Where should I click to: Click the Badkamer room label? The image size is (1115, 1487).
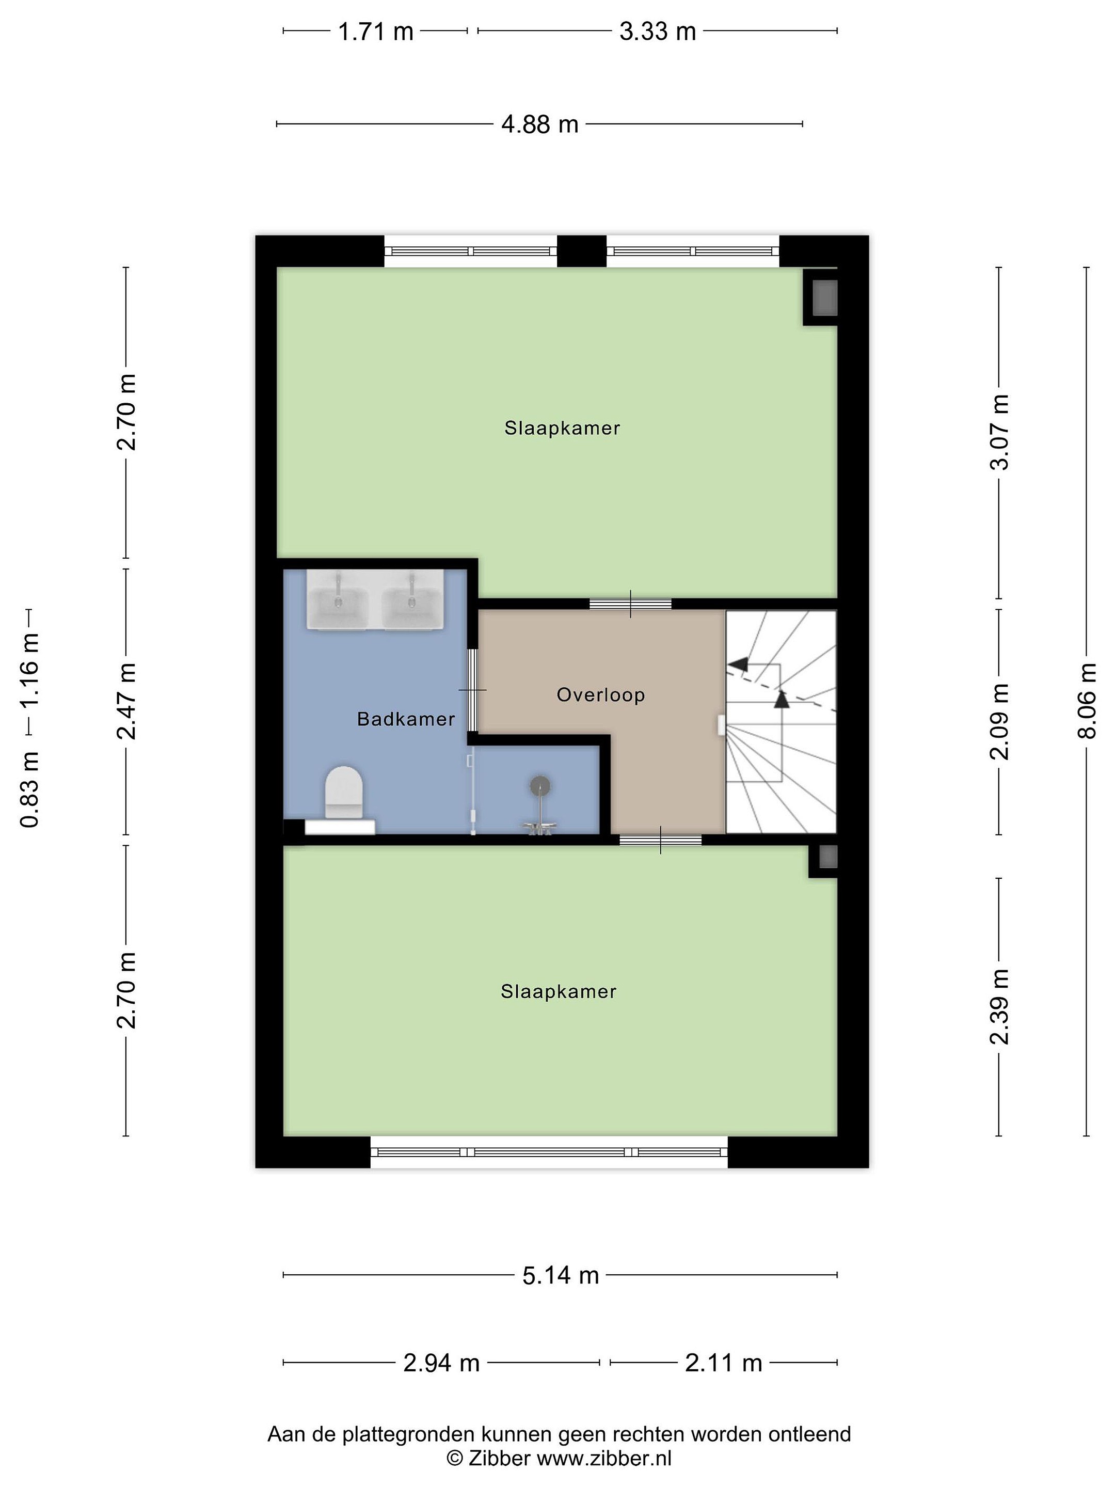click(406, 719)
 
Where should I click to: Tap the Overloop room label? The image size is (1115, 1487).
click(601, 695)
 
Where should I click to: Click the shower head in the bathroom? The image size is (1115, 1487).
click(539, 785)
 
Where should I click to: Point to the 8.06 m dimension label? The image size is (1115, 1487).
click(1087, 701)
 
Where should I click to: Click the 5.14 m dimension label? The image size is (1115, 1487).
click(561, 1275)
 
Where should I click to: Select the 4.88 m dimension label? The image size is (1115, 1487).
click(539, 124)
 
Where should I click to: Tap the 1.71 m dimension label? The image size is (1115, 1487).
click(375, 31)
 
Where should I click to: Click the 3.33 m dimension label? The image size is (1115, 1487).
click(657, 31)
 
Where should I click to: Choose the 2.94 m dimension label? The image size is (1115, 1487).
click(441, 1363)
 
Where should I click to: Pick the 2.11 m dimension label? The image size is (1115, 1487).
click(724, 1363)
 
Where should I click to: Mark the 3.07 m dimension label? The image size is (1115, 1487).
click(999, 432)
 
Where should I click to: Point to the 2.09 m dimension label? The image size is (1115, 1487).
click(999, 721)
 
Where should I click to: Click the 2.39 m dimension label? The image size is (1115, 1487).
click(999, 1006)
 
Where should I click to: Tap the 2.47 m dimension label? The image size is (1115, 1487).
click(126, 701)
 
